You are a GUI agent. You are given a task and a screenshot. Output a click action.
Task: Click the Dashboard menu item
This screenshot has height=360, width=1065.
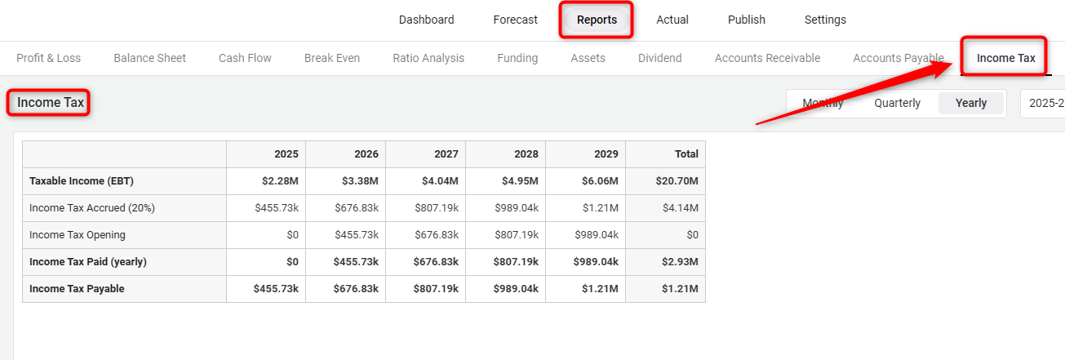tap(426, 20)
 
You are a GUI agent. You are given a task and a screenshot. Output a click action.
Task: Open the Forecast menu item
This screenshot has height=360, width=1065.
tap(515, 20)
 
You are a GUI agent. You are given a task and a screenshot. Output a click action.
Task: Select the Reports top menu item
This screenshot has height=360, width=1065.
tap(597, 20)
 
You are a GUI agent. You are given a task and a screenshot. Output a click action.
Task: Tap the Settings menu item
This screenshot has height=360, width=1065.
tap(825, 20)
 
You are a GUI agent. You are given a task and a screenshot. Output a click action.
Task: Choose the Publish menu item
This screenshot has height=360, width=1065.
tap(746, 20)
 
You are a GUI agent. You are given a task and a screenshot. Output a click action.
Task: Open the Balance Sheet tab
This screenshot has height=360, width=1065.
tap(149, 58)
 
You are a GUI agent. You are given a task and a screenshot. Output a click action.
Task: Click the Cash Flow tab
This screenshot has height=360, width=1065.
tap(245, 58)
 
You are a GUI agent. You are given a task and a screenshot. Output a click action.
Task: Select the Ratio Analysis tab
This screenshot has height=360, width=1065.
tap(428, 58)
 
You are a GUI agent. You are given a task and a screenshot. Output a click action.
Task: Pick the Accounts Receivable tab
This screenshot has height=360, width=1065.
tap(767, 58)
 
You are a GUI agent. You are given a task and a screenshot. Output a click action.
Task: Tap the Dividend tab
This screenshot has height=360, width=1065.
tap(659, 58)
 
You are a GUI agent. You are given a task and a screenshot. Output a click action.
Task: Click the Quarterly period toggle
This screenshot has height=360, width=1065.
tap(897, 103)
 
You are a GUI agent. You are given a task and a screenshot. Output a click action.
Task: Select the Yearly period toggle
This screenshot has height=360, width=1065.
tap(971, 103)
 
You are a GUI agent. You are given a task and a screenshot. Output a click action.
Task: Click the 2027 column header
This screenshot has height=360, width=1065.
tap(446, 153)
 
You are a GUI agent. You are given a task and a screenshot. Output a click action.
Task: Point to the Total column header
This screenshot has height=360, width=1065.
tap(686, 153)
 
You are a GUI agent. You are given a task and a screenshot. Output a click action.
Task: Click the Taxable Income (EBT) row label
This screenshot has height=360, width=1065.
tap(82, 180)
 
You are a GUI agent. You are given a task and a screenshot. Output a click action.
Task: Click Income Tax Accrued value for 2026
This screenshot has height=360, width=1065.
tap(356, 207)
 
